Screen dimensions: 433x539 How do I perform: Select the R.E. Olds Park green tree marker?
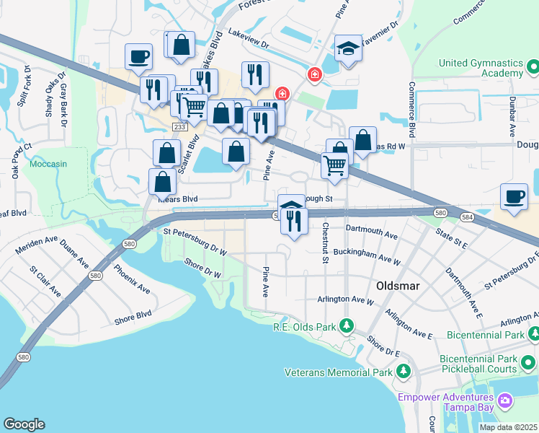click(347, 326)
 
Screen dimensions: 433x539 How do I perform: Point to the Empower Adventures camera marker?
click(505, 400)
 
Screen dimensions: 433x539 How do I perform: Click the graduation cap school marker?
click(348, 49)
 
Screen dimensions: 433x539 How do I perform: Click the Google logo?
click(24, 424)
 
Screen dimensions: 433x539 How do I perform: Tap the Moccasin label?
click(48, 164)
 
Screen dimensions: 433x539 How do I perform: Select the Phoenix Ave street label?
click(132, 279)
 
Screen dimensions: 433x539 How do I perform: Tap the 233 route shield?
click(179, 127)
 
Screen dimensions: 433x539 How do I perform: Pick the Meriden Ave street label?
click(35, 246)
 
